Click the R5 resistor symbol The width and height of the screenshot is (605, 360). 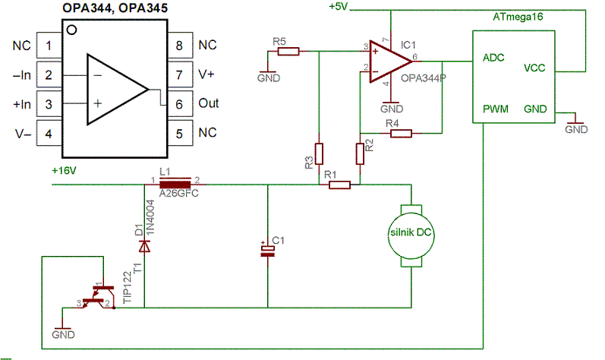pos(288,52)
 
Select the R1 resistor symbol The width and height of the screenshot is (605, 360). pos(339,185)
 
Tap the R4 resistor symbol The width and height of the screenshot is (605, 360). pos(401,134)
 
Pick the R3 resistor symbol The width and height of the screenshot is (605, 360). pos(319,153)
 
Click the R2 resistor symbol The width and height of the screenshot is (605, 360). pos(360,153)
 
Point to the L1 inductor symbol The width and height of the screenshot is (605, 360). pos(175,185)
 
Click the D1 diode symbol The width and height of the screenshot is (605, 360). pos(144,246)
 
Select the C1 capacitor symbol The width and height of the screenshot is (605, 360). pos(267,251)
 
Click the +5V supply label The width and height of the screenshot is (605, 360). pos(339,7)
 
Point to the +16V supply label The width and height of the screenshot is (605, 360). pos(64,171)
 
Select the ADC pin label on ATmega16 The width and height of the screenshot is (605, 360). pos(493,58)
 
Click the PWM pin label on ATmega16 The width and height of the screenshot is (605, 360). pos(496,109)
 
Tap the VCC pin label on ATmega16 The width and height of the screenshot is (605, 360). pos(534,68)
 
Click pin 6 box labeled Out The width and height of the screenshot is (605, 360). pos(180,104)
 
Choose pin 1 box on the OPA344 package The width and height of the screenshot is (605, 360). pos(49,46)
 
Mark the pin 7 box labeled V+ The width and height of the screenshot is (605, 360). pos(180,74)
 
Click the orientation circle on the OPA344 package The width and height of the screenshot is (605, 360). pos(72,30)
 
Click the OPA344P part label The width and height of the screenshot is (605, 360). pos(424,78)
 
